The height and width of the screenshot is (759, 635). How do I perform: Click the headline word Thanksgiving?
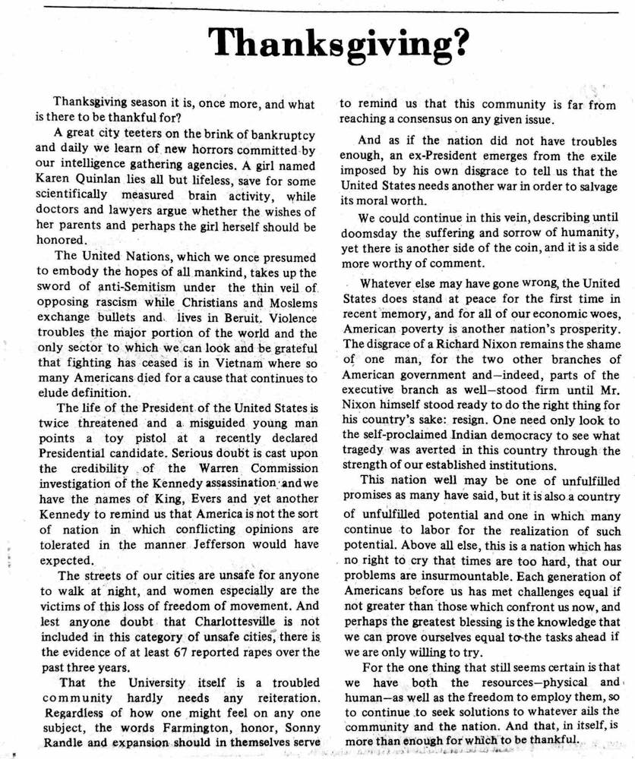(x=338, y=45)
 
